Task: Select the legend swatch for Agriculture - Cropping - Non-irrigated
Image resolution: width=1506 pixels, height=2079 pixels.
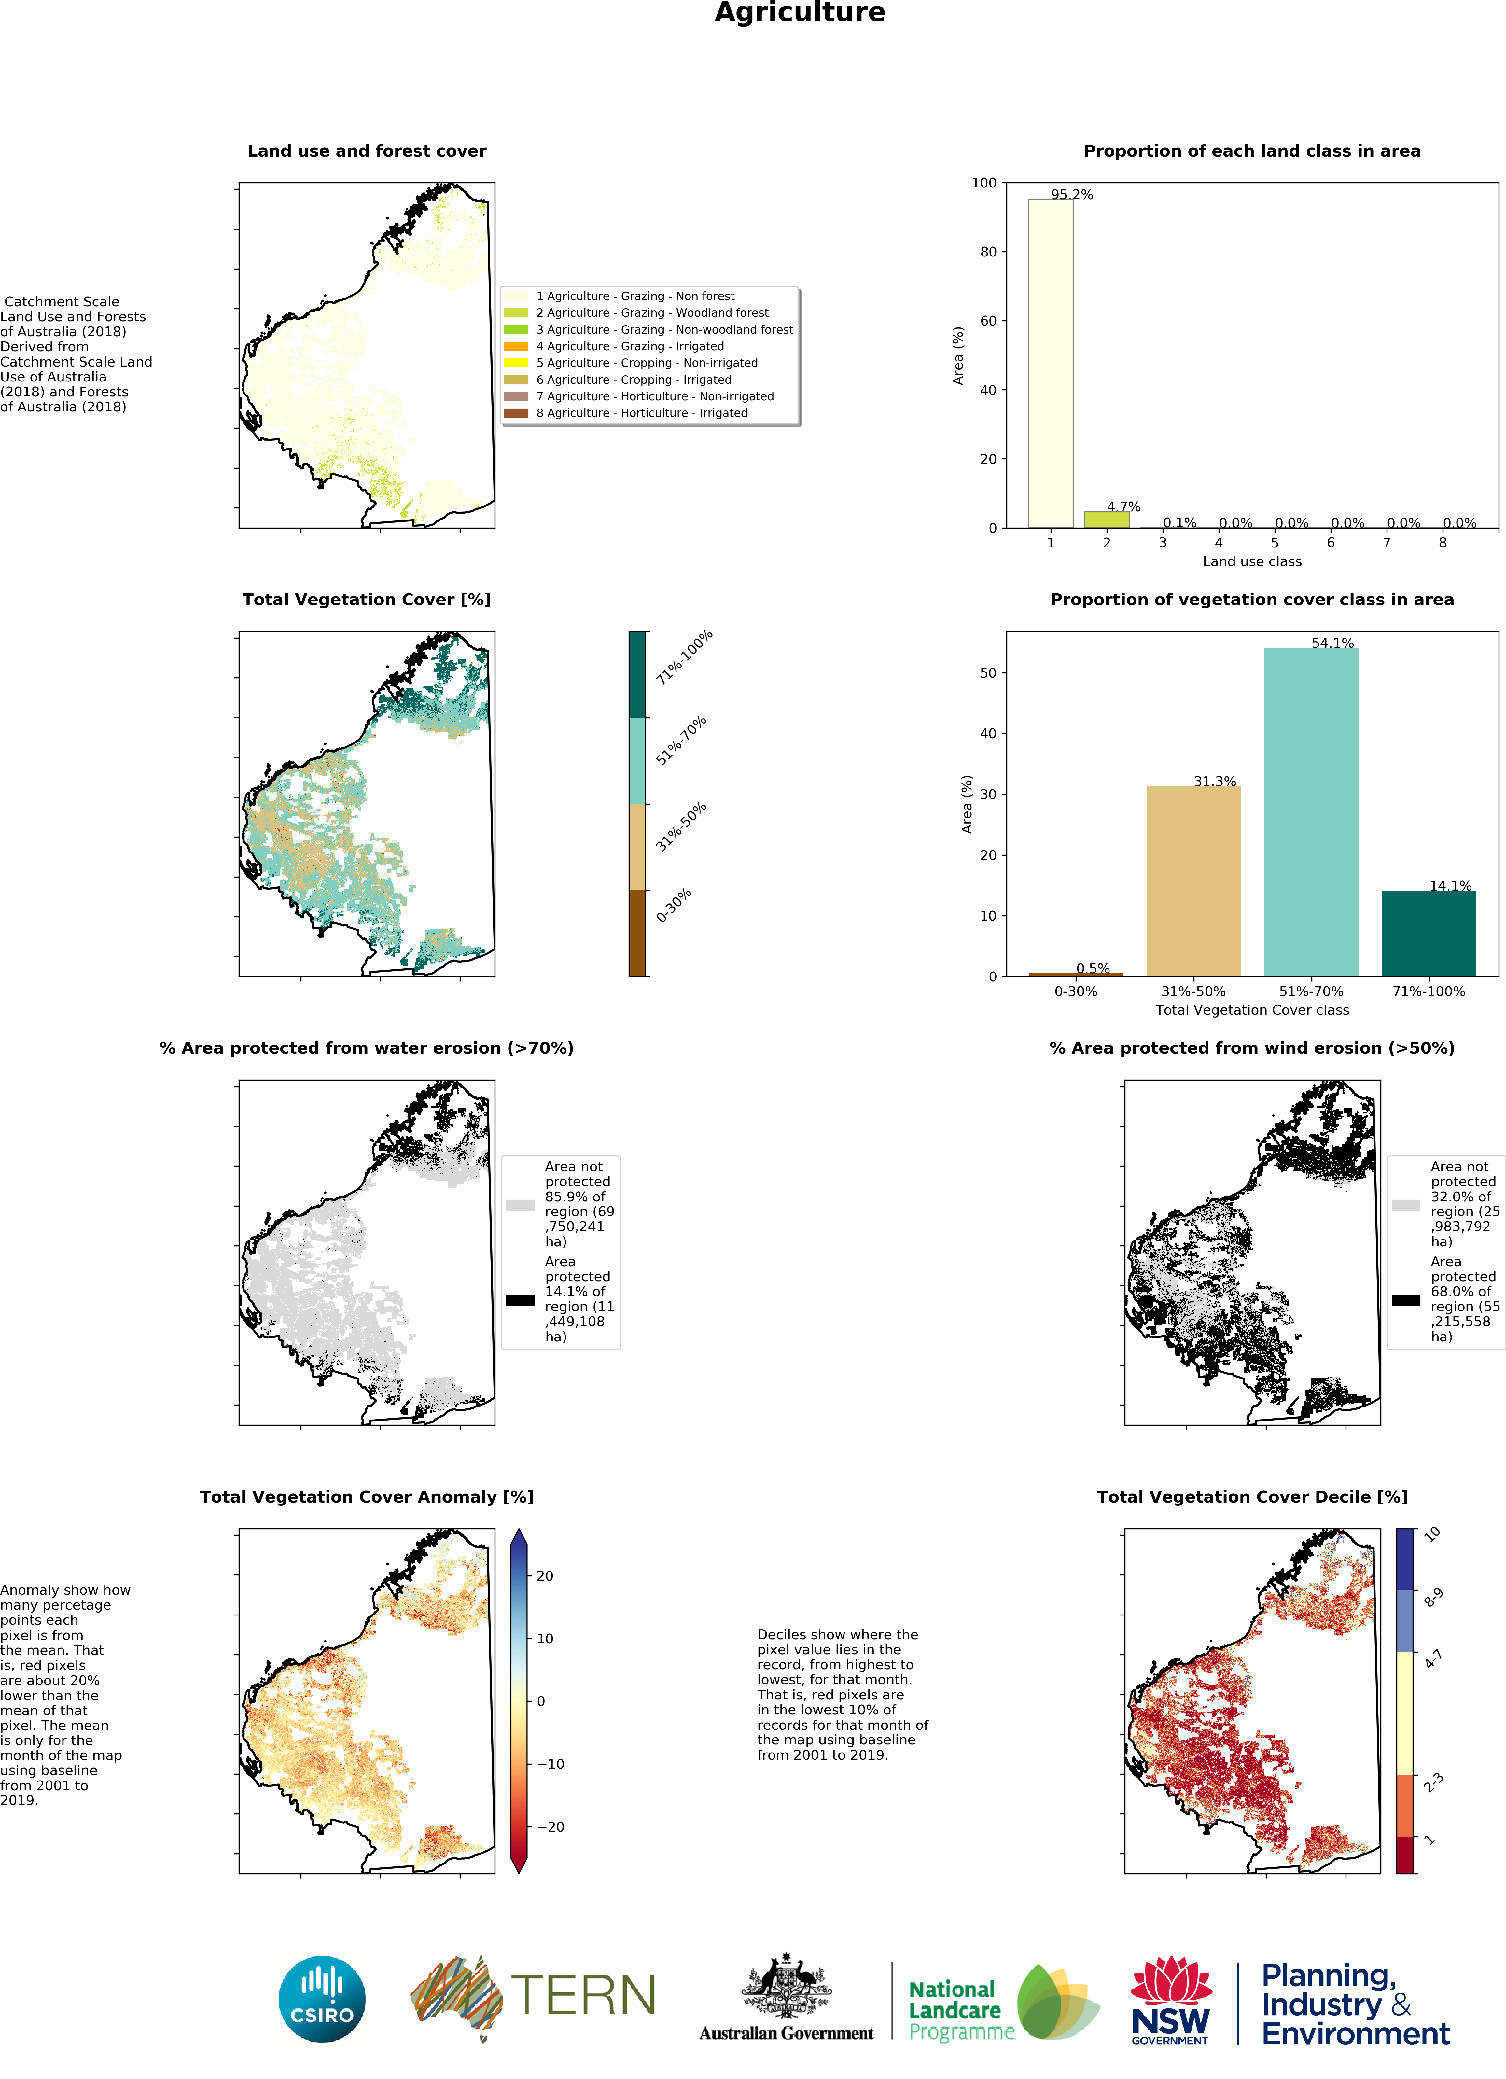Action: [516, 363]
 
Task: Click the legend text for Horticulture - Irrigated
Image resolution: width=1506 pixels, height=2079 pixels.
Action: [642, 413]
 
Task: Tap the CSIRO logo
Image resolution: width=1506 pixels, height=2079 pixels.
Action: [322, 1998]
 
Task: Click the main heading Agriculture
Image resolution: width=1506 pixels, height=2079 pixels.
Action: [799, 13]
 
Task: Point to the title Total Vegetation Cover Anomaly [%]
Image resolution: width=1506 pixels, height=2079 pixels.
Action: [367, 1497]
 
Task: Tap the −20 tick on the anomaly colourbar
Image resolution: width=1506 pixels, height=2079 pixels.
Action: [550, 1826]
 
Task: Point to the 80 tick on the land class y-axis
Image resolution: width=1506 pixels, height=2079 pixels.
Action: [988, 252]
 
